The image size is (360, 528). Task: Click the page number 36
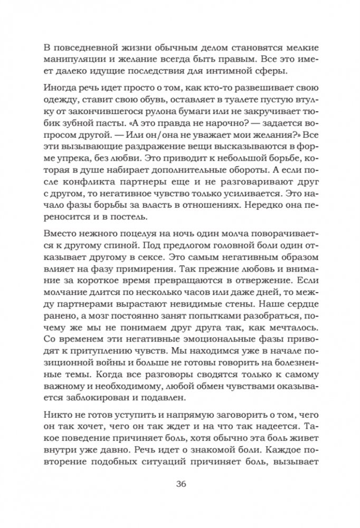pyautogui.click(x=180, y=484)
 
